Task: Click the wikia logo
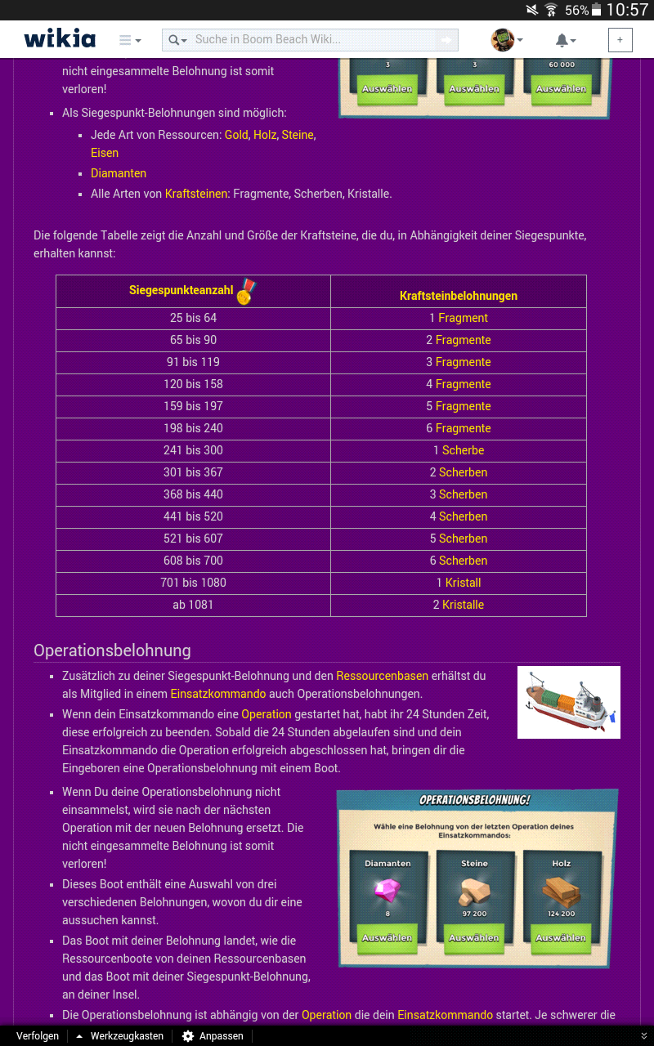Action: (x=60, y=39)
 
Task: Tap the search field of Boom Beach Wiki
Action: (x=311, y=39)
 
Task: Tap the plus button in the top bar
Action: (x=620, y=40)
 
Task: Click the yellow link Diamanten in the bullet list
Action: (x=119, y=173)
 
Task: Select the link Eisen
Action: (x=105, y=153)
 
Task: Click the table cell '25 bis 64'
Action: (x=193, y=318)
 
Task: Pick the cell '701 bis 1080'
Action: (x=193, y=583)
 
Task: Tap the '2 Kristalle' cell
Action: (x=458, y=605)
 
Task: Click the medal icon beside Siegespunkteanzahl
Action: (x=245, y=291)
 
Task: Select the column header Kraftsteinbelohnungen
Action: (x=458, y=296)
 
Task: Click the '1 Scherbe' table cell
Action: (x=458, y=450)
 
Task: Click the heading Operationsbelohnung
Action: (x=112, y=650)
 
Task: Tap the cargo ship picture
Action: (x=568, y=702)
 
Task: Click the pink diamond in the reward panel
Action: (x=387, y=890)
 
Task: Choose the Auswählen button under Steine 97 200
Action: (x=474, y=937)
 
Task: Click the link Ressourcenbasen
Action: (x=382, y=676)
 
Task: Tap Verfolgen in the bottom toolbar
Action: (x=38, y=1035)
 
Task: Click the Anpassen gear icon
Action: (x=188, y=1035)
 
